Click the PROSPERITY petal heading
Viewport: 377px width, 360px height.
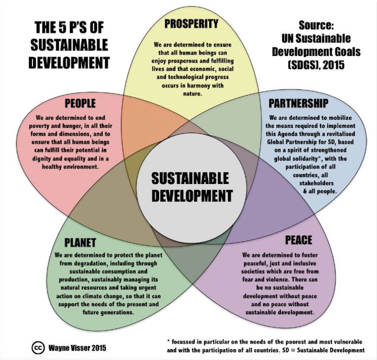tap(192, 24)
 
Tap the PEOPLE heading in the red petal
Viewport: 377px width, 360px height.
tap(80, 103)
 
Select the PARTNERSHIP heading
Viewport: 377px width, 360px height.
tap(298, 103)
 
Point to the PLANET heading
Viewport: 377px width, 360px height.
tap(80, 242)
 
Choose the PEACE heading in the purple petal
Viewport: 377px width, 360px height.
tap(299, 240)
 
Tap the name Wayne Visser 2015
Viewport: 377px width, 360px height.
tap(77, 348)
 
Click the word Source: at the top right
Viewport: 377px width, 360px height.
tap(316, 25)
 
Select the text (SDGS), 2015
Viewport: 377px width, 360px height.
tap(316, 65)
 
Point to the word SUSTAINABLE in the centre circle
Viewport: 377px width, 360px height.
tap(190, 178)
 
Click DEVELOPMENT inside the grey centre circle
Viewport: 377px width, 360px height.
tap(192, 195)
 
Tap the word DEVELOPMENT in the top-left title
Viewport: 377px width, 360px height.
tap(69, 63)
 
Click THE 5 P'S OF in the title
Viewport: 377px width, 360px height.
tap(69, 27)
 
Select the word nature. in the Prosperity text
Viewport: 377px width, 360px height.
tap(193, 94)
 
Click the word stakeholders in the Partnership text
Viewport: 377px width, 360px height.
tap(316, 183)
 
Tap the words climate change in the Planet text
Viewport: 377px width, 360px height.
tap(107, 296)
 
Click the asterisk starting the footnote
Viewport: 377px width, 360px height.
tap(169, 341)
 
